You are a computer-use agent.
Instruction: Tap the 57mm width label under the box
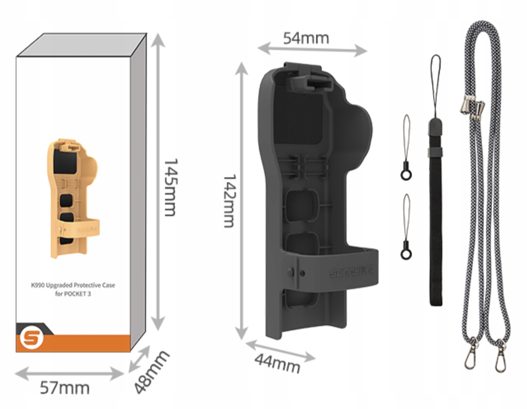click(x=64, y=388)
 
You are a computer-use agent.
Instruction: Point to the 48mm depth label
click(x=151, y=372)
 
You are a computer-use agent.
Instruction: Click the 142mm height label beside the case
click(x=228, y=201)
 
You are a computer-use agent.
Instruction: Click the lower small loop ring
click(x=406, y=255)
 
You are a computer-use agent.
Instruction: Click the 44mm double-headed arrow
click(x=280, y=350)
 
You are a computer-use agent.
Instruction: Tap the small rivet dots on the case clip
click(x=298, y=272)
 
